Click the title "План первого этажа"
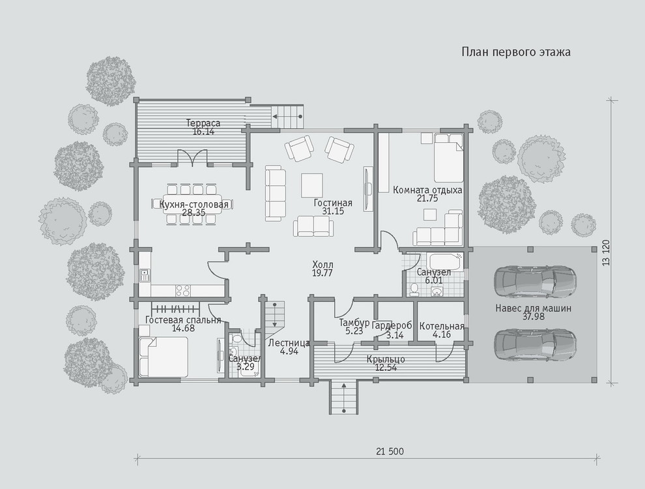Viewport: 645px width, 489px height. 516,52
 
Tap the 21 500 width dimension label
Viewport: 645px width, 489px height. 390,452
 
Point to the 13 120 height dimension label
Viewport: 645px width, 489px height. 607,253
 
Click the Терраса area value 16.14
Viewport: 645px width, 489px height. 203,132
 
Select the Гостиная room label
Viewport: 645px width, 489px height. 333,203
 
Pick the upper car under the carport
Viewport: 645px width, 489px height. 535,282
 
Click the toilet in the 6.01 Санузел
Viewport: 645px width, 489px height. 414,289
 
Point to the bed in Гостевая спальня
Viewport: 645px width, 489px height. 164,357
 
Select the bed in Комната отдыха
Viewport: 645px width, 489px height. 448,158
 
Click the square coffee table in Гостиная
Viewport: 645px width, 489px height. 312,185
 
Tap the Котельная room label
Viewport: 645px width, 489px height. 442,327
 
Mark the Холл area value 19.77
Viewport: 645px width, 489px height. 322,273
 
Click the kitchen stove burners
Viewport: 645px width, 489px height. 183,290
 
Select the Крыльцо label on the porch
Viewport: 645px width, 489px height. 386,359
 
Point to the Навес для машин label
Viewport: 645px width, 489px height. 533,308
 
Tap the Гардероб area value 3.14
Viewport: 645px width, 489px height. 395,335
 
